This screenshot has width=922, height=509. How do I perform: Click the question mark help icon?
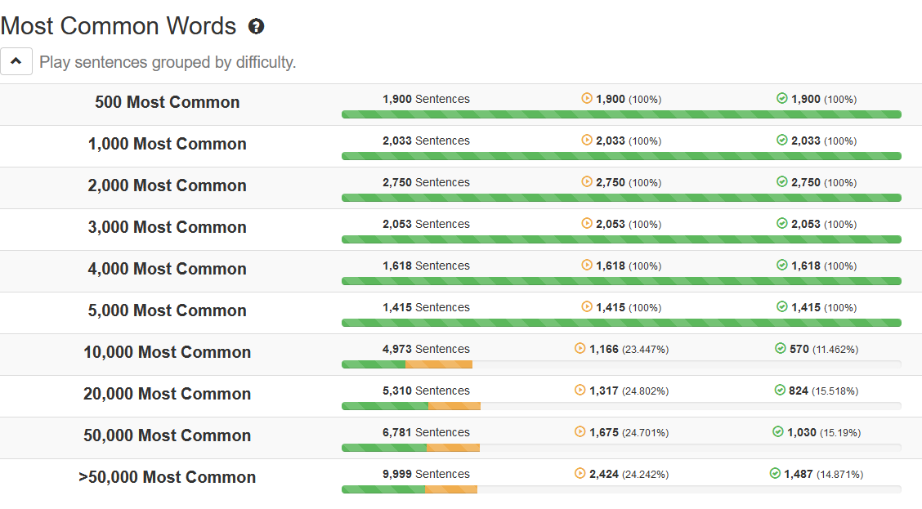pos(256,27)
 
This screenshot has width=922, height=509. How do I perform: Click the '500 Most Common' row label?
pos(168,102)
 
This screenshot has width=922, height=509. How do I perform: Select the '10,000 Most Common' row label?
pos(168,352)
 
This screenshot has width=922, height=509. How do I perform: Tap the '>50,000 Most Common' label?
pos(168,477)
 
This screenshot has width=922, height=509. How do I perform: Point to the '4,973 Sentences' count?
pos(426,349)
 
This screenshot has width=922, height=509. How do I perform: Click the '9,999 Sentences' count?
pos(426,474)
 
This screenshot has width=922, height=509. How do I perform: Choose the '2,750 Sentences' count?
pos(426,182)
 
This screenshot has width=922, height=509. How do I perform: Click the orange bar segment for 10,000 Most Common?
pos(439,364)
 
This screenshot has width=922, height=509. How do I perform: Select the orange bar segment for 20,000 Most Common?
pos(454,406)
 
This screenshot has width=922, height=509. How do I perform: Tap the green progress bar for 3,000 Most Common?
pos(621,239)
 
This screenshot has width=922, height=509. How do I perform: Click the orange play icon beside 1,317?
pos(580,391)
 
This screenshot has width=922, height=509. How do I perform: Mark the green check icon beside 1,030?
pos(778,432)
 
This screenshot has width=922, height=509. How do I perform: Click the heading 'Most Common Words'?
pos(119,26)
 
